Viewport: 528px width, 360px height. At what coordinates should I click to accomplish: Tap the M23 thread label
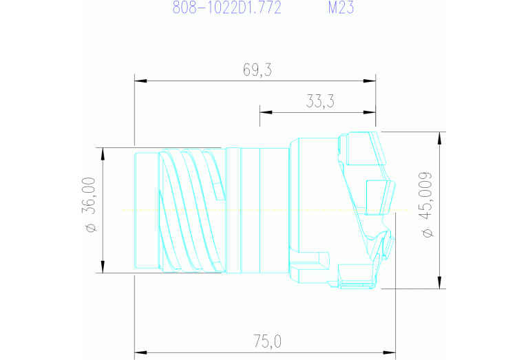341,9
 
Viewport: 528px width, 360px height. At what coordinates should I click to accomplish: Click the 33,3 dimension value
320,102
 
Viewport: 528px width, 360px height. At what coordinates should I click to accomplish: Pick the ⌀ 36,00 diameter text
90,204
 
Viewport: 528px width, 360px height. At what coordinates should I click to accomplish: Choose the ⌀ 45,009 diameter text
427,204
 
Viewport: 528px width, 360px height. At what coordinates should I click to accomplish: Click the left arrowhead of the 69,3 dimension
140,81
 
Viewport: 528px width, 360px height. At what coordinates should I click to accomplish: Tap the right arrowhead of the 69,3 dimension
370,81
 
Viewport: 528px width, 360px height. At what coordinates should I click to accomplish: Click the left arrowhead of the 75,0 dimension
140,352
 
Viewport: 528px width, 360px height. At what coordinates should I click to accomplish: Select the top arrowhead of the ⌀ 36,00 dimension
102,153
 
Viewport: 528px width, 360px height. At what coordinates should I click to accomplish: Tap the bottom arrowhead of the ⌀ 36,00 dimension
102,267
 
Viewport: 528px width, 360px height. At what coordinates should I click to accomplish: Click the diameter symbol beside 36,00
90,228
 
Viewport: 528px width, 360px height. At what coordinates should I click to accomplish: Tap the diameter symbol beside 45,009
427,233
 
